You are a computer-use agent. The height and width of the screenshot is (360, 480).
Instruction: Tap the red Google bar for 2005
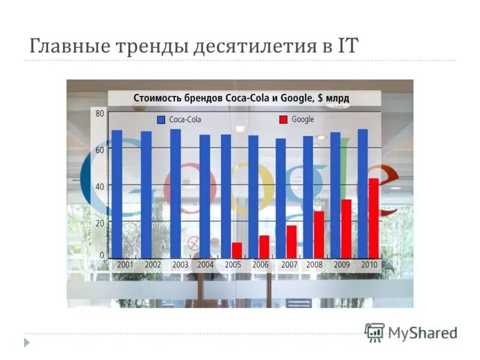pyautogui.click(x=237, y=250)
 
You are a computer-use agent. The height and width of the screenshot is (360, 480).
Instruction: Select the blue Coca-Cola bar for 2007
pyautogui.click(x=280, y=198)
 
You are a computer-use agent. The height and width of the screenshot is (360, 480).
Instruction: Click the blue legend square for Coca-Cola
pyautogui.click(x=161, y=120)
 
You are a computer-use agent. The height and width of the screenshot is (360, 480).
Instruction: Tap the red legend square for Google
pyautogui.click(x=283, y=120)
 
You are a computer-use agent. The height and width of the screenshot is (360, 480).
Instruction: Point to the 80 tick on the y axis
pyautogui.click(x=99, y=113)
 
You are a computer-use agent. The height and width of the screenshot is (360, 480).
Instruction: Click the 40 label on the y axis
pyautogui.click(x=99, y=186)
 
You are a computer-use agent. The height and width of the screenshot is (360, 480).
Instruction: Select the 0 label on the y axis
pyautogui.click(x=101, y=255)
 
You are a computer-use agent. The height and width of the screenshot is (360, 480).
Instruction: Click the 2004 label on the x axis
pyautogui.click(x=205, y=265)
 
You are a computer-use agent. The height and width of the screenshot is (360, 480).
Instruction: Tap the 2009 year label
pyautogui.click(x=341, y=265)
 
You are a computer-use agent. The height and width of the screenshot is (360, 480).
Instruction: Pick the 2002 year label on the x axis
pyautogui.click(x=152, y=265)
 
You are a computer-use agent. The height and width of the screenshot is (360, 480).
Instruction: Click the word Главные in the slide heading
pyautogui.click(x=64, y=46)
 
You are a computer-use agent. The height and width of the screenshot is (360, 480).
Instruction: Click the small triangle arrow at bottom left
pyautogui.click(x=26, y=343)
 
